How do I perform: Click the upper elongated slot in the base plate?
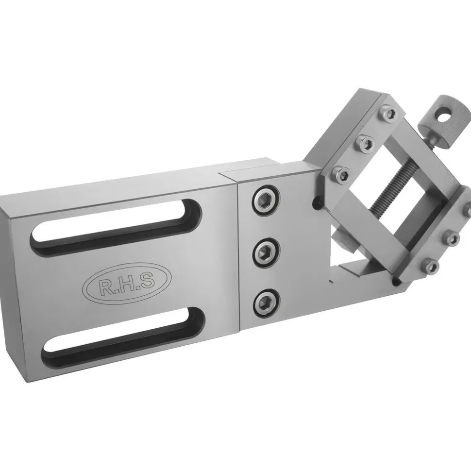(x=116, y=227)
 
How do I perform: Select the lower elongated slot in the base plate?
(x=123, y=334)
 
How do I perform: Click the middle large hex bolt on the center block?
(x=267, y=252)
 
